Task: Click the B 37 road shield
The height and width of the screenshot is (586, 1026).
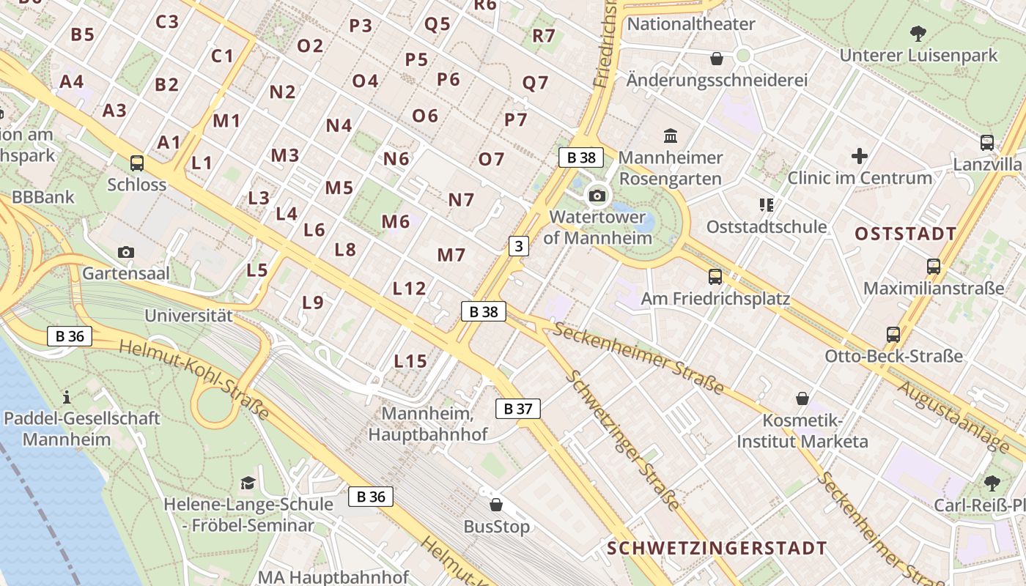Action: click(517, 409)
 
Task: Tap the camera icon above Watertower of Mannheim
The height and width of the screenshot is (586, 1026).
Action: click(597, 196)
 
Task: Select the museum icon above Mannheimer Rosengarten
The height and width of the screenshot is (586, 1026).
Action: click(670, 136)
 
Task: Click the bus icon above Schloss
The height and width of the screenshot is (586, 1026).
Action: click(137, 163)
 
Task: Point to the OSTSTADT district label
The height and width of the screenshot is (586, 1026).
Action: click(906, 234)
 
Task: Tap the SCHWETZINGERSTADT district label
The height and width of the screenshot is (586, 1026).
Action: click(717, 549)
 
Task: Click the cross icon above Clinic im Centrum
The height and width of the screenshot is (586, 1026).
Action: click(859, 156)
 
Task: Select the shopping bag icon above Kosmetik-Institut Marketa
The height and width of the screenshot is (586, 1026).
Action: click(802, 398)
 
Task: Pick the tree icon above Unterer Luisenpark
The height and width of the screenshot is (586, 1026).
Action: click(918, 33)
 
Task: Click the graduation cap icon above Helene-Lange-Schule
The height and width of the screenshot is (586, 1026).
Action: click(248, 483)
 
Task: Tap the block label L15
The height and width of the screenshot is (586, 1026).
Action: click(410, 361)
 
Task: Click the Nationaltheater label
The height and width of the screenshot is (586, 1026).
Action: click(691, 24)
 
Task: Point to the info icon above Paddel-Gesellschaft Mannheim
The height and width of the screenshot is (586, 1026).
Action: click(67, 397)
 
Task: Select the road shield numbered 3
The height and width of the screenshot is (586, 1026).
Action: click(519, 246)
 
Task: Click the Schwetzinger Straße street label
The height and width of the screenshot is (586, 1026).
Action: click(623, 441)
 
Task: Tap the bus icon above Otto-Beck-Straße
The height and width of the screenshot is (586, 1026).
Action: click(893, 335)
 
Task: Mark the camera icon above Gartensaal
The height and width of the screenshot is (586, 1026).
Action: click(126, 253)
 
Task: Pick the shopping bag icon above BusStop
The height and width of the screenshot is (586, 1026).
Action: click(496, 505)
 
